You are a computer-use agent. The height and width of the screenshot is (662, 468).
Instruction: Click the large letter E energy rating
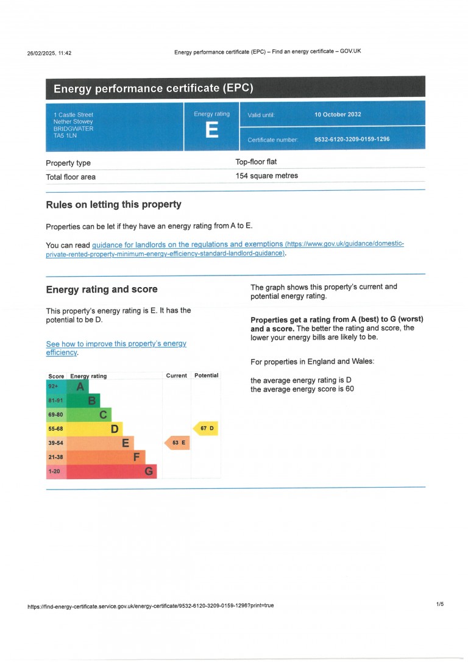pyautogui.click(x=211, y=130)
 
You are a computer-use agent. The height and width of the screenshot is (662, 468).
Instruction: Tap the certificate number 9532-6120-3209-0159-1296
pyautogui.click(x=352, y=140)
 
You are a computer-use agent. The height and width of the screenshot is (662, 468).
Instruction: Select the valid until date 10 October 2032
pyautogui.click(x=338, y=115)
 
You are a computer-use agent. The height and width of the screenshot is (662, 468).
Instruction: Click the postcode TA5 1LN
pyautogui.click(x=65, y=135)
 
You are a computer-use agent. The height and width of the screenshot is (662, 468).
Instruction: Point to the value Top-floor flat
pyautogui.click(x=256, y=162)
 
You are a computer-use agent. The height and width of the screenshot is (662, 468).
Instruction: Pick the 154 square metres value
pyautogui.click(x=266, y=176)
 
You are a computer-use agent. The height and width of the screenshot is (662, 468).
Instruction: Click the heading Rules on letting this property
pyautogui.click(x=113, y=205)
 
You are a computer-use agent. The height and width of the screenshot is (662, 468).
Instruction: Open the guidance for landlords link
pyautogui.click(x=188, y=244)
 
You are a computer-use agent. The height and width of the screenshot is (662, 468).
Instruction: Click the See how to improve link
pyautogui.click(x=116, y=344)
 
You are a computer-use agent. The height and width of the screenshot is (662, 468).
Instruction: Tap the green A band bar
pyautogui.click(x=79, y=386)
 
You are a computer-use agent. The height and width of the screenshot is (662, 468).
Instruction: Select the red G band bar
pyautogui.click(x=112, y=471)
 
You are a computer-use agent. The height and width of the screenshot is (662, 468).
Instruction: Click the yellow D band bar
pyautogui.click(x=95, y=429)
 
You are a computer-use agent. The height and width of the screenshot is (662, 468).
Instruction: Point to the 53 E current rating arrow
pyautogui.click(x=177, y=443)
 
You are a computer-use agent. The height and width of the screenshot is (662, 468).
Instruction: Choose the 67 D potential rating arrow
pyautogui.click(x=206, y=429)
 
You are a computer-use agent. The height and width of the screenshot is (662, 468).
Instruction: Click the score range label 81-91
pyautogui.click(x=55, y=400)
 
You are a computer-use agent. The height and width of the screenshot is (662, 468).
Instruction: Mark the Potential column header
pyautogui.click(x=206, y=375)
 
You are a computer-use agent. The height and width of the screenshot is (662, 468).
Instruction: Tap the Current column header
pyautogui.click(x=176, y=375)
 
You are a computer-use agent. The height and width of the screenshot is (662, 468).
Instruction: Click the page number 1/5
pyautogui.click(x=440, y=604)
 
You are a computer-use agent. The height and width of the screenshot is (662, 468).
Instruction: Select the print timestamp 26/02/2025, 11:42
pyautogui.click(x=49, y=53)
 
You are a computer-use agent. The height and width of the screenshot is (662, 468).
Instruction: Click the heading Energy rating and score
pyautogui.click(x=102, y=290)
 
